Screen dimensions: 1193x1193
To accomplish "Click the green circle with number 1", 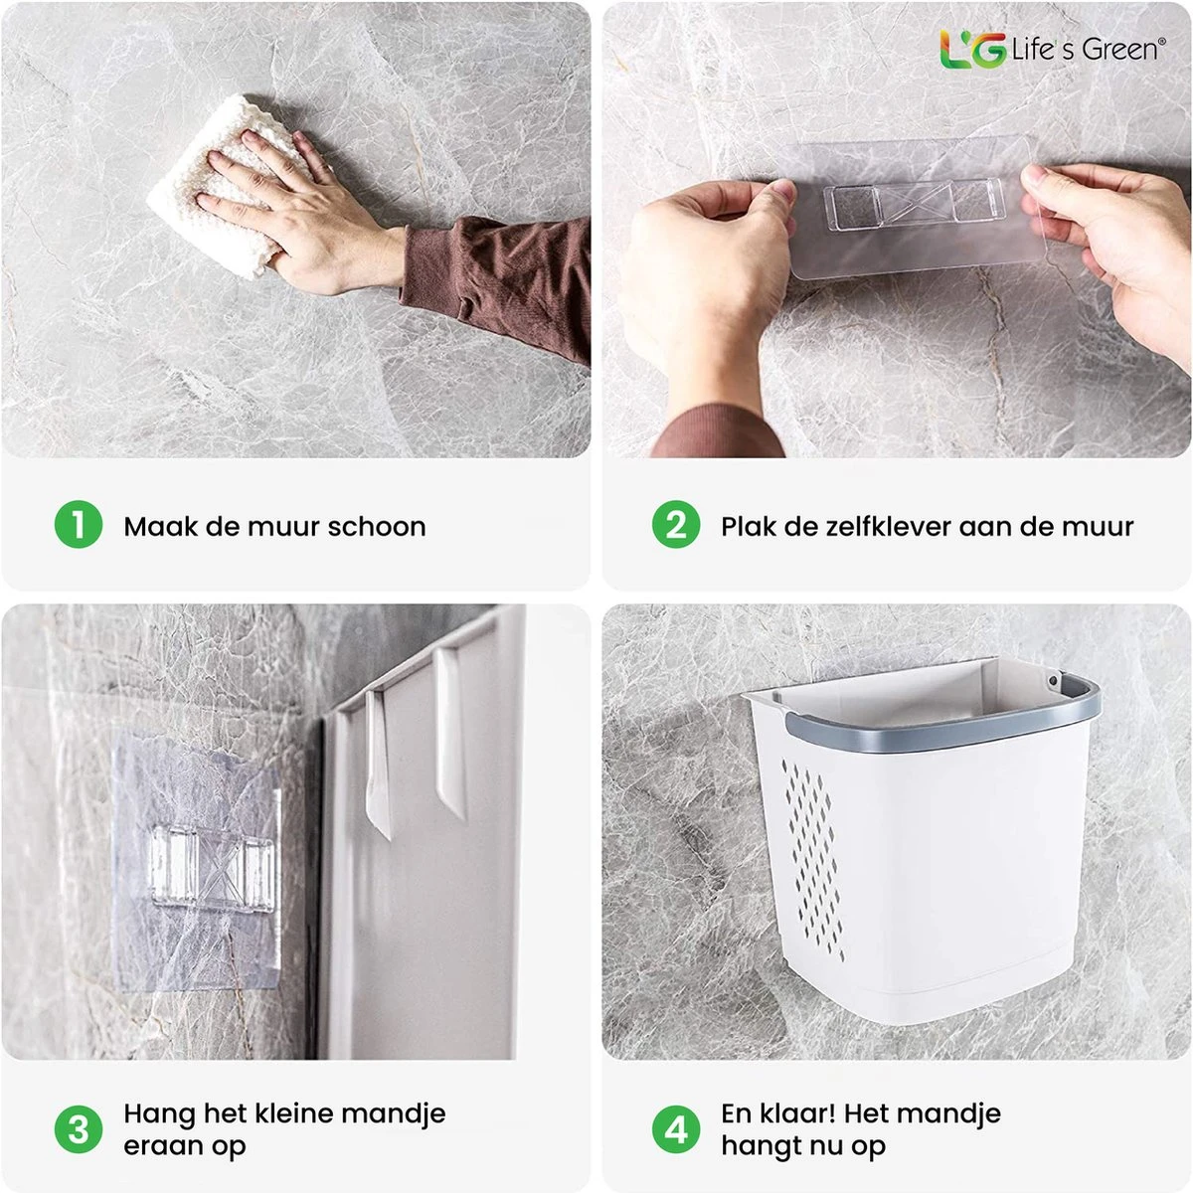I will click(79, 525).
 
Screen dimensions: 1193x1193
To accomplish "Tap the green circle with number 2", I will click(676, 525).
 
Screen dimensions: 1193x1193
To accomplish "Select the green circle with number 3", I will click(79, 1129).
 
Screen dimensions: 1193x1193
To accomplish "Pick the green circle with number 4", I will click(676, 1129).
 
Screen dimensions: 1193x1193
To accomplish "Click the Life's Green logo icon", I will click(972, 50).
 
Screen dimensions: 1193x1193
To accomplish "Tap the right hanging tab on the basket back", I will click(449, 731).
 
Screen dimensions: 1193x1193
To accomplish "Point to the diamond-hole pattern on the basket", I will click(815, 855).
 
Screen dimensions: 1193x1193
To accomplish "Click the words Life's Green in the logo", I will click(1086, 50).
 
